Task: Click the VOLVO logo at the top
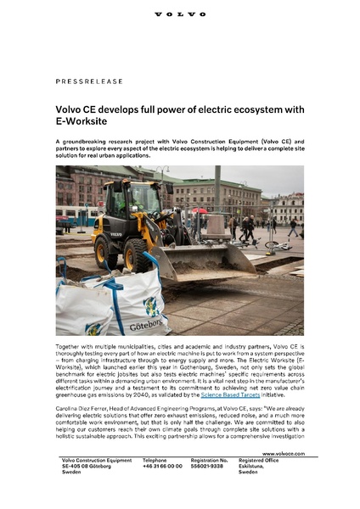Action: pos(180,14)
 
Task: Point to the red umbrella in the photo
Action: pos(200,210)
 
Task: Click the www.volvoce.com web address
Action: pos(281,478)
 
